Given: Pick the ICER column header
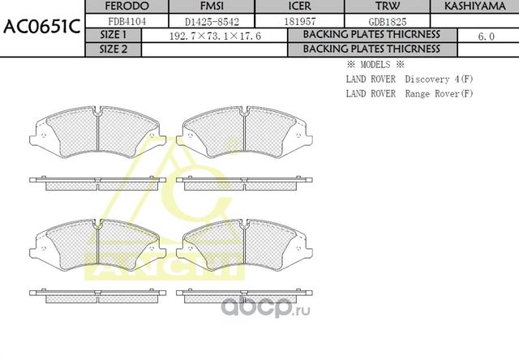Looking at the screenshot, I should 290,6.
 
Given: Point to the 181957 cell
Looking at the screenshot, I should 290,22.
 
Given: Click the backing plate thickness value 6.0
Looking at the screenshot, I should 487,36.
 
